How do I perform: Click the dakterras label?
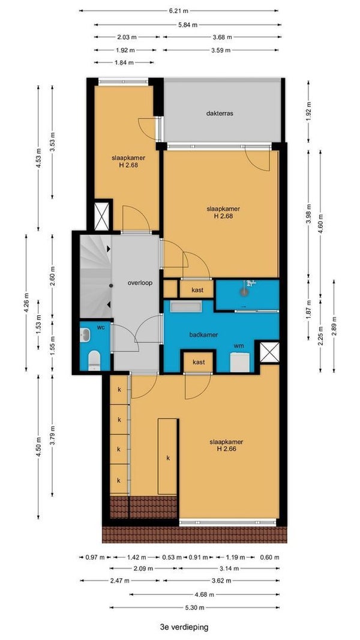[220, 113]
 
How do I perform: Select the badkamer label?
[203, 334]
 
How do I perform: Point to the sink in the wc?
[86, 336]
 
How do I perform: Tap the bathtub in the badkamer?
[186, 307]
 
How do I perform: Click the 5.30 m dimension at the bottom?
[194, 607]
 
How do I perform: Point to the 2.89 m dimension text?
[334, 325]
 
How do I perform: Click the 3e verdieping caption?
[184, 626]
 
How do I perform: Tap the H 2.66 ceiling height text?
[226, 448]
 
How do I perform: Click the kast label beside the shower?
[196, 290]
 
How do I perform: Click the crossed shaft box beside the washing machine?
[270, 352]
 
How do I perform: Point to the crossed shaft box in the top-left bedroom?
[101, 216]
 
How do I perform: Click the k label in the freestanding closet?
[168, 458]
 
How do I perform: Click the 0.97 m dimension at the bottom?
[96, 557]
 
